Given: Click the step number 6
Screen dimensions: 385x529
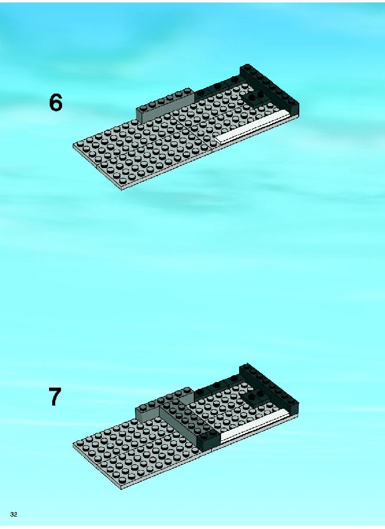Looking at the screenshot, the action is click(x=56, y=102).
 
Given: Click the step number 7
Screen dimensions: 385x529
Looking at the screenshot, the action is click(x=55, y=396).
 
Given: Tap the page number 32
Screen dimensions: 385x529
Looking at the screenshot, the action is click(x=14, y=514).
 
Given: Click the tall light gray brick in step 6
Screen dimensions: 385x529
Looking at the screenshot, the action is click(x=165, y=105).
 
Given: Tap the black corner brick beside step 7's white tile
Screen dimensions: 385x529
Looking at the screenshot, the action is click(x=209, y=438).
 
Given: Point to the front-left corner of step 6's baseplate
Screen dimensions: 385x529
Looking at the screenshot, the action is click(x=74, y=146).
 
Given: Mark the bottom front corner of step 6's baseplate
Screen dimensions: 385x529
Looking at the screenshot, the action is click(x=122, y=190).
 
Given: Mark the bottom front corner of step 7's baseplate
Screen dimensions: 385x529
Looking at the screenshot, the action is click(x=122, y=489).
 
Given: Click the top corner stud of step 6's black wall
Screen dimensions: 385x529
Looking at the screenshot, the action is click(x=246, y=67).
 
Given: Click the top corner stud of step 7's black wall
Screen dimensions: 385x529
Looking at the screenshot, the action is click(x=246, y=367).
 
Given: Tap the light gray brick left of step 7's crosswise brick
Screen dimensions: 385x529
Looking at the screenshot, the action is click(x=148, y=413).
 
